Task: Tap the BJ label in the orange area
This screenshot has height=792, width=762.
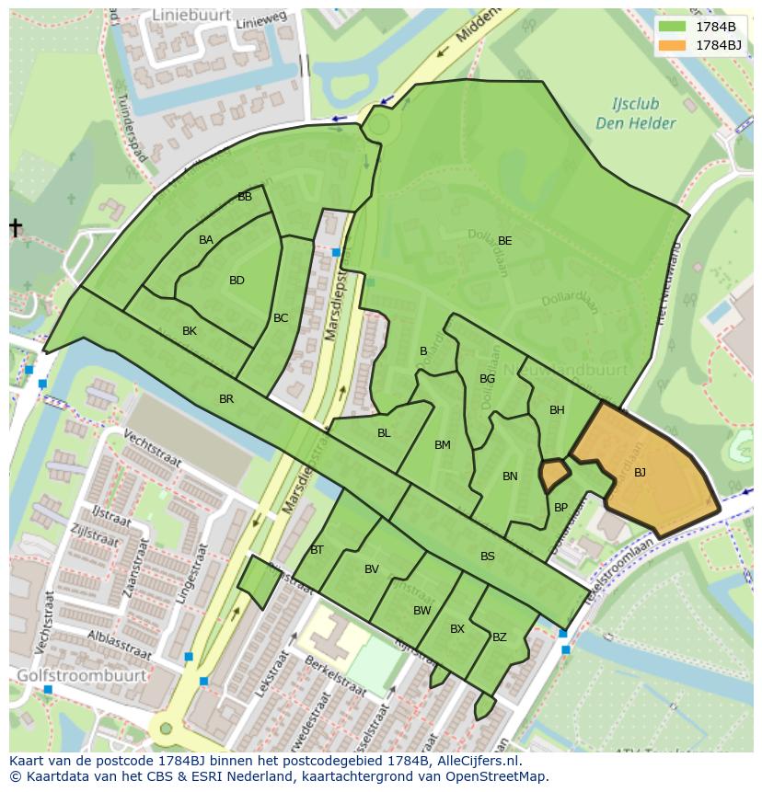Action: pyautogui.click(x=640, y=472)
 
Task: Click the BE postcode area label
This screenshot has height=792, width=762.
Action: pyautogui.click(x=504, y=241)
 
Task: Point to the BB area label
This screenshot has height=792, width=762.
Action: pyautogui.click(x=245, y=197)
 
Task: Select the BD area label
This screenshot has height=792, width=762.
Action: pyautogui.click(x=237, y=281)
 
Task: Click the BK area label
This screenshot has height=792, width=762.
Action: pyautogui.click(x=190, y=331)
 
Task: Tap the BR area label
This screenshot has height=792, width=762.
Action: pyautogui.click(x=226, y=399)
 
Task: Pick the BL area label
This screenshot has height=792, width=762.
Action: pyautogui.click(x=384, y=433)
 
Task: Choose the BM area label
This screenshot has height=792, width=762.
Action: pyautogui.click(x=443, y=445)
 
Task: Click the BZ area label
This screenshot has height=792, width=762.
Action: pyautogui.click(x=500, y=637)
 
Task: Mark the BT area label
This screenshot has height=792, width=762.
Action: pyautogui.click(x=317, y=550)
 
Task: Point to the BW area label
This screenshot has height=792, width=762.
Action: pyautogui.click(x=421, y=611)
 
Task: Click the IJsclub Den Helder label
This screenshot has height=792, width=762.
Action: pyautogui.click(x=635, y=114)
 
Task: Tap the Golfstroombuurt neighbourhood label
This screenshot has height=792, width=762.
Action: pyautogui.click(x=81, y=675)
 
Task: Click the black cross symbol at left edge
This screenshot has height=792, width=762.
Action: pyautogui.click(x=16, y=227)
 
